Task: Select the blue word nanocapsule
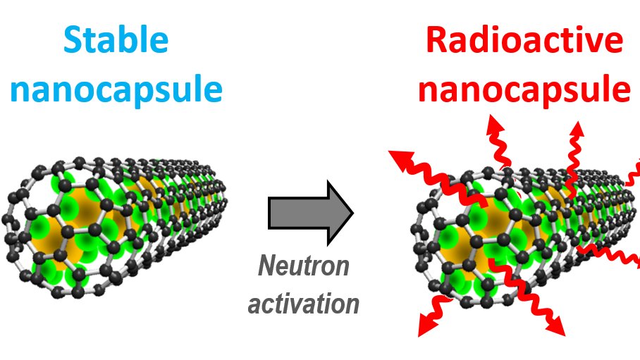coord(116,90)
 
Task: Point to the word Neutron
coord(303,266)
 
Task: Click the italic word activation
coord(304,303)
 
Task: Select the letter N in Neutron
coord(268,266)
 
